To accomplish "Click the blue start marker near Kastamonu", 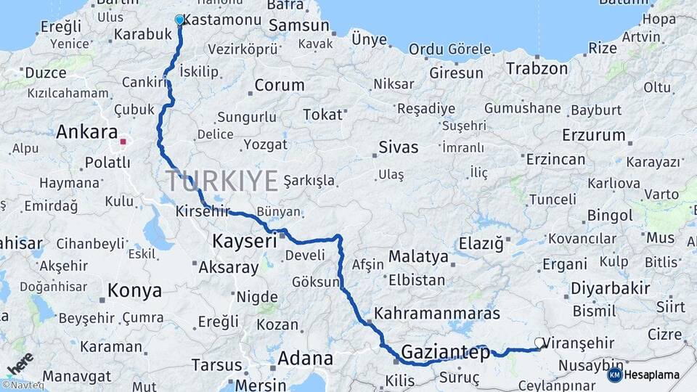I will click(x=179, y=20).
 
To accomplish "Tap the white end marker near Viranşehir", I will click(x=539, y=342).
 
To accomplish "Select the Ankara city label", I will click(x=86, y=132).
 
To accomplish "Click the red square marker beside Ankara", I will click(x=123, y=142).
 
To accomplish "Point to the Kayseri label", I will click(x=244, y=240).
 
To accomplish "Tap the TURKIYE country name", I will click(x=222, y=180).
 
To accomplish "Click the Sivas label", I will click(x=399, y=147).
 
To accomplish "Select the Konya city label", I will click(x=134, y=291).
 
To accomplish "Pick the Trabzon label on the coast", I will click(x=537, y=69).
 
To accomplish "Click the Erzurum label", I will click(x=593, y=135).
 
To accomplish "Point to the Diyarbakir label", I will click(x=610, y=288).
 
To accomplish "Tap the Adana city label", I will click(x=305, y=359).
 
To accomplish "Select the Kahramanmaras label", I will click(x=437, y=314).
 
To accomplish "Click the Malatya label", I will click(x=418, y=256).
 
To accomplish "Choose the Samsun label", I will click(x=298, y=26).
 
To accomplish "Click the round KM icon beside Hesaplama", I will click(x=614, y=375).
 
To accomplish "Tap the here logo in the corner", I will click(x=19, y=363).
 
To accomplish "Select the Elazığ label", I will click(x=481, y=244).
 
